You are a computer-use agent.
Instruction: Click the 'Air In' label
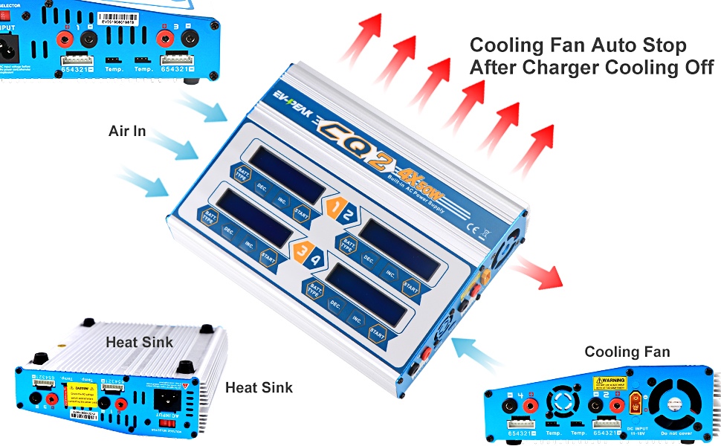click(x=127, y=132)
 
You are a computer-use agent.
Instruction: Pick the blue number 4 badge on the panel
click(x=315, y=261)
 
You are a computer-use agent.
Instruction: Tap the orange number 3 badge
click(x=300, y=252)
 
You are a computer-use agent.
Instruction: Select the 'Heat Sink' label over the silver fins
click(x=139, y=343)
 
